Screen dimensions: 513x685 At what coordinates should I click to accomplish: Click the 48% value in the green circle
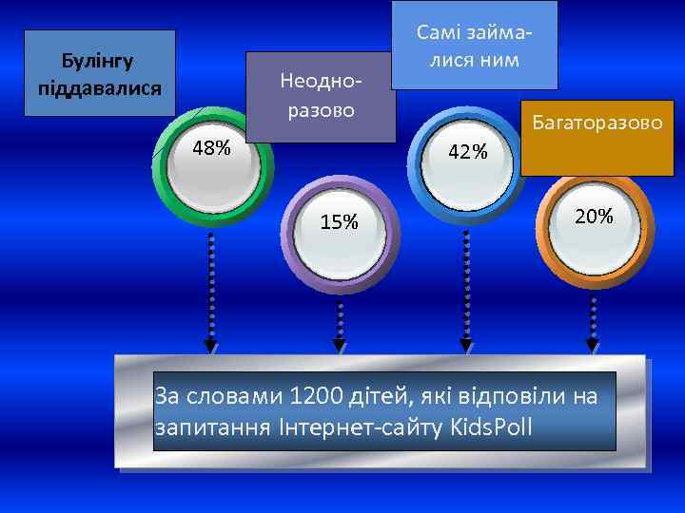210,148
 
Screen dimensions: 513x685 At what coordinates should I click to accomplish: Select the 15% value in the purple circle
339,222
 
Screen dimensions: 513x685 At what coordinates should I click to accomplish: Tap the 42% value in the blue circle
467,151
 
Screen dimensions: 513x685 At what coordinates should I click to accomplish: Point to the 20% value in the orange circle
594,217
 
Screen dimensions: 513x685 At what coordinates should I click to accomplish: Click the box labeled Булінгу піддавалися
99,73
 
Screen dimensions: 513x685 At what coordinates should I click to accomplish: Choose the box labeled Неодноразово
320,96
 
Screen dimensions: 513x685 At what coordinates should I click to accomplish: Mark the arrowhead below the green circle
210,345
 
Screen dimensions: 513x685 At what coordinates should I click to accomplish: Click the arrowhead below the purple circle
339,345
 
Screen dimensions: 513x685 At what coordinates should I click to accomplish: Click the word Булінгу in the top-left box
98,61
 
